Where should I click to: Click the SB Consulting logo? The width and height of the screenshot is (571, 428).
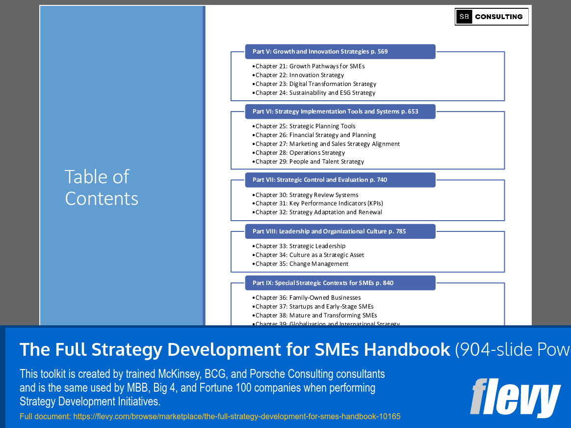[x=491, y=17]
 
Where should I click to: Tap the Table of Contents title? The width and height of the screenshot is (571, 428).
[x=102, y=187]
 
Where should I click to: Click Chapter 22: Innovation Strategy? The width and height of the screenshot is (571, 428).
[x=300, y=75]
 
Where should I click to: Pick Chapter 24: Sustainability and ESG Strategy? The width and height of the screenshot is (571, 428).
[x=315, y=93]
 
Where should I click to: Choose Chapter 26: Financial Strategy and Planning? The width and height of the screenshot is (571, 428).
[x=315, y=135]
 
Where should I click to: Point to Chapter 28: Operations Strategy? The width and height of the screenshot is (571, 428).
[x=300, y=153]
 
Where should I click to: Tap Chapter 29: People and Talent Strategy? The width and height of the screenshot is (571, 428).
[x=310, y=162]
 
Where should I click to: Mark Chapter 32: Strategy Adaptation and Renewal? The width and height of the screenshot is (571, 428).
[x=318, y=212]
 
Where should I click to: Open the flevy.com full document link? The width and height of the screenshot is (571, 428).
[x=210, y=417]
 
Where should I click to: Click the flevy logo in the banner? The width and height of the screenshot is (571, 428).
[x=515, y=397]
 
